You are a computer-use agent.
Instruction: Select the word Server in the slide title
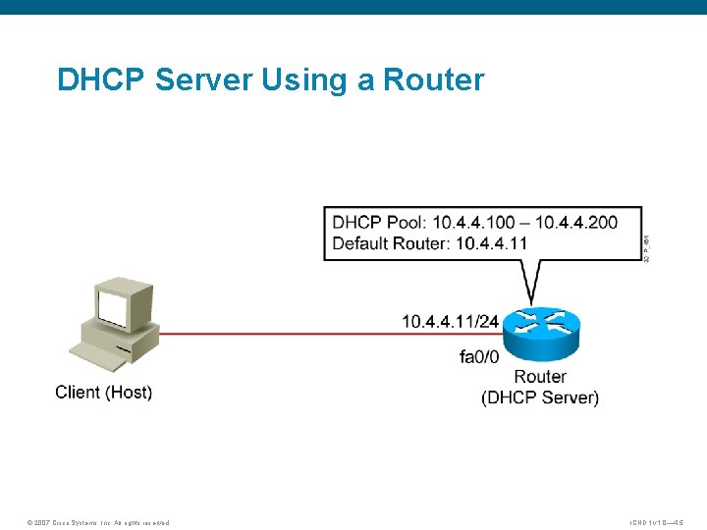[205, 79]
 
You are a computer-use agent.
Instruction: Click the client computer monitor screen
[114, 307]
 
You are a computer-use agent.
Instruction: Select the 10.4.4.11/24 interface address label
[450, 320]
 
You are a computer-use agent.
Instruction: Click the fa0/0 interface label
[479, 356]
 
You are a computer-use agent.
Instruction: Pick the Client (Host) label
[103, 393]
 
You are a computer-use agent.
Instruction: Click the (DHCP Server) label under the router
[540, 397]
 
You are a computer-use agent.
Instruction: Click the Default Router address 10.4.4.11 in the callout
[491, 242]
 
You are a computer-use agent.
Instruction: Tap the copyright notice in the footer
[98, 522]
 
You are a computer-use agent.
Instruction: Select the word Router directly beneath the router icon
[540, 377]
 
